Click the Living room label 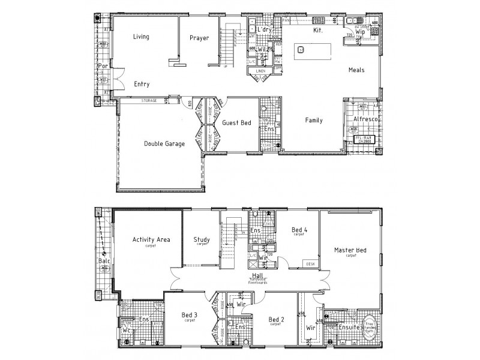tap(141, 37)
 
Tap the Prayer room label tap(199, 38)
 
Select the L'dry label tap(265, 29)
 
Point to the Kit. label tap(318, 29)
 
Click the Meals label tap(356, 70)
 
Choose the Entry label tap(142, 84)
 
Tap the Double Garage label tap(164, 143)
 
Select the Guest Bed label tap(236, 122)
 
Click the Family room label tap(313, 120)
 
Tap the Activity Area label tap(151, 240)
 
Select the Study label tap(202, 240)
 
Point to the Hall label tap(258, 275)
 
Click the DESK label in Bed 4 tap(310, 263)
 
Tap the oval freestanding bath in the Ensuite tap(368, 326)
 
